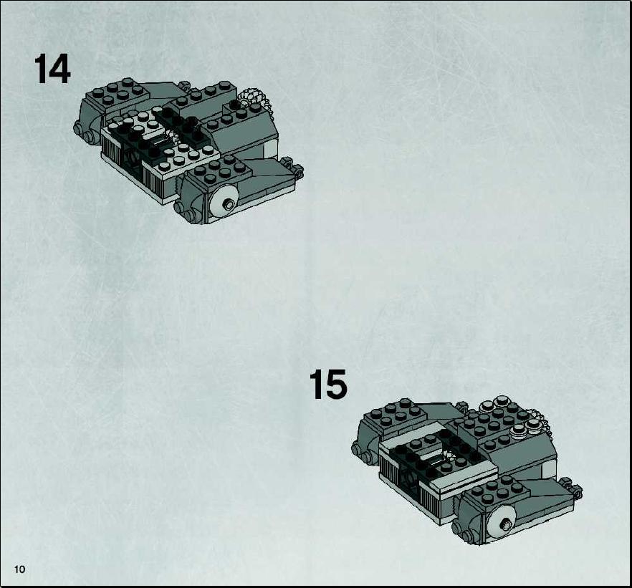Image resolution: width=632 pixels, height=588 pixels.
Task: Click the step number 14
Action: [x=52, y=69]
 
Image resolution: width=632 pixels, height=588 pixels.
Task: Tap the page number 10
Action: [x=19, y=569]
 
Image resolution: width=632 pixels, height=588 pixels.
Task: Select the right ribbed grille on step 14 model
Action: [x=154, y=182]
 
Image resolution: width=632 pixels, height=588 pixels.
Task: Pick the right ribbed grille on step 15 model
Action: [x=431, y=500]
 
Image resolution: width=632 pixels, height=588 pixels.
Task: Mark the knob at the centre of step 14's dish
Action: [x=229, y=204]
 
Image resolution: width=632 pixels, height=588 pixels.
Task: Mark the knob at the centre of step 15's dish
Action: [x=505, y=525]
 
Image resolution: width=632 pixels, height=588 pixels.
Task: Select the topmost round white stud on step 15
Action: [x=502, y=400]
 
